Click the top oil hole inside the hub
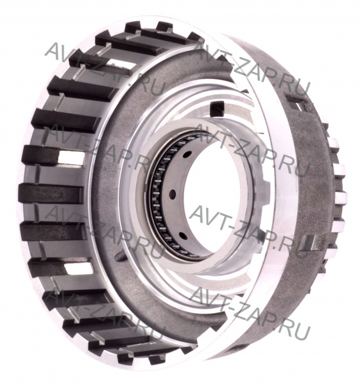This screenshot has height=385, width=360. coord(187,155)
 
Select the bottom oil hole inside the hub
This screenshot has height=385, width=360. coord(183,236)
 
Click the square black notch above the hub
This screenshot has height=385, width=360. coord(217,108)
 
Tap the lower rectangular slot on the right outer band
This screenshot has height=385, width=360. coord(309,243)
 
